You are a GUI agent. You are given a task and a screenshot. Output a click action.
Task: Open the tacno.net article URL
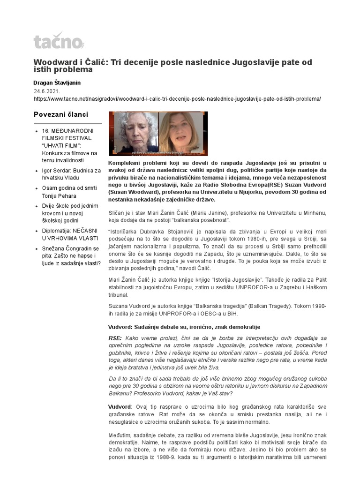click(177, 99)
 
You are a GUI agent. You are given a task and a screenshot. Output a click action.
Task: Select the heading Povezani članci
click(61, 114)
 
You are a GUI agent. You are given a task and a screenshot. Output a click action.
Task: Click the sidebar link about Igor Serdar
click(68, 174)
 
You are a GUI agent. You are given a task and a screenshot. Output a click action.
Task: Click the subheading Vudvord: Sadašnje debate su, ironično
click(184, 326)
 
